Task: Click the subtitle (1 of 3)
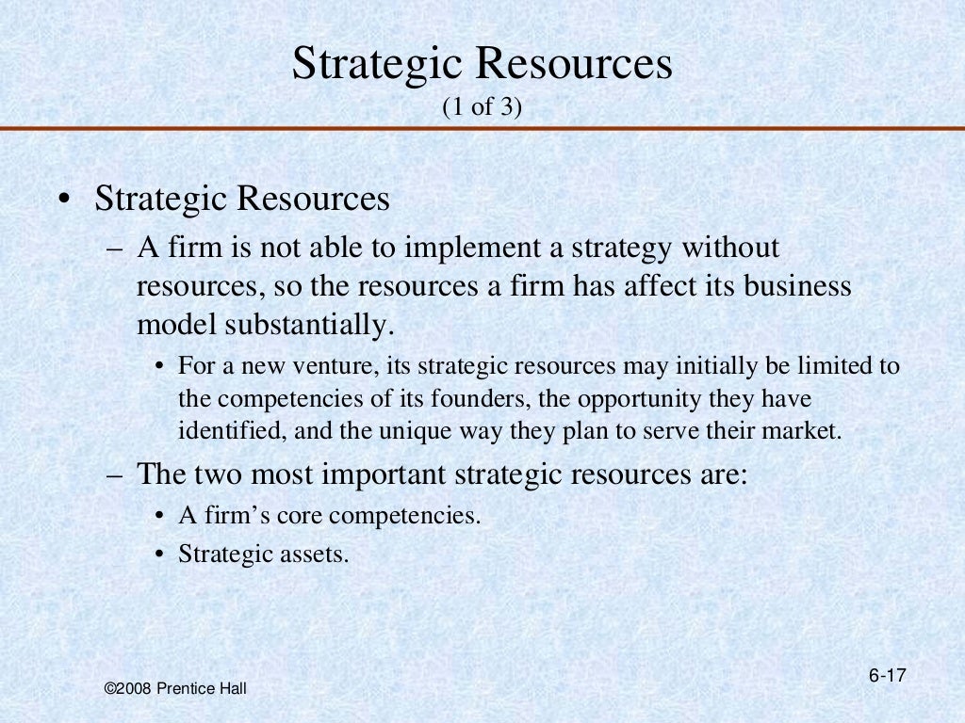482,109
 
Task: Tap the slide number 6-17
887,676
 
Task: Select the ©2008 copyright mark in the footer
127,690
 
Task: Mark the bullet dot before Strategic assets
161,554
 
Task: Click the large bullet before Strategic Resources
62,201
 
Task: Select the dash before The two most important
114,474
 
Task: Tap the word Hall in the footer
232,690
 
